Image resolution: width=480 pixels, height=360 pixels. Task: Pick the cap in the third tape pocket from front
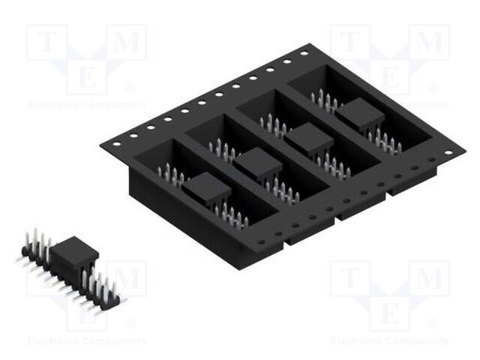tap(307, 139)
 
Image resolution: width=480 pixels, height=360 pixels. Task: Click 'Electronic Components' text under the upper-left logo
tap(86, 105)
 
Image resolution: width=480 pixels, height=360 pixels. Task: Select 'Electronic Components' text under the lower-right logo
tap(389, 341)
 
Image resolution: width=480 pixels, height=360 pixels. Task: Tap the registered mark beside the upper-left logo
tap(132, 87)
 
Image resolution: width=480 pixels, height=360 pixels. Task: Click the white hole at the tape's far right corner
tap(448, 152)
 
